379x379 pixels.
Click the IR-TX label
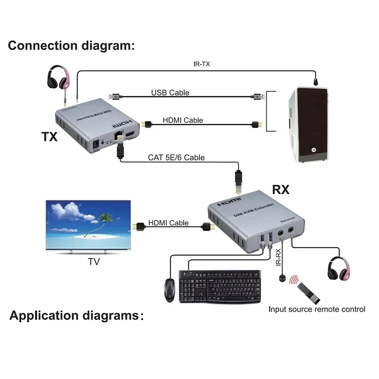pos(201,64)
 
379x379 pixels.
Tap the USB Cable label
pos(170,93)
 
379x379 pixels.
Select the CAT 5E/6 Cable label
pos(176,157)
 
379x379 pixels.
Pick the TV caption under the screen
pos(94,262)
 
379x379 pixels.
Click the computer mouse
pos(170,289)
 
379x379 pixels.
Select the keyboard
pos(220,286)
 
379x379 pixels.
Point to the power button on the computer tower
pos(313,150)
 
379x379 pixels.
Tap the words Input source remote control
pos(317,309)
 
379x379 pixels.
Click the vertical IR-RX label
pos(279,258)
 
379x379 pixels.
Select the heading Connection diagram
pos(71,45)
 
